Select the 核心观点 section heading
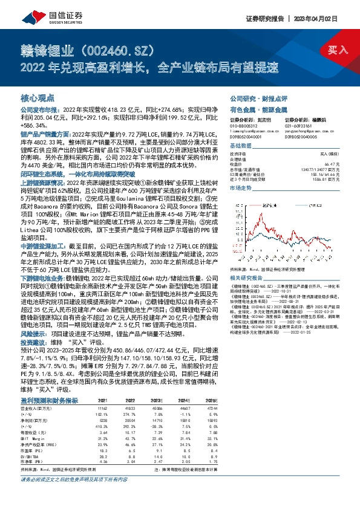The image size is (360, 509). pyautogui.click(x=38, y=97)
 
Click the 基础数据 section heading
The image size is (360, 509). pyautogui.click(x=241, y=146)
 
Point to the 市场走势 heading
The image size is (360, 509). pyautogui.click(x=241, y=189)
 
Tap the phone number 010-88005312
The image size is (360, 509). pyautogui.click(x=243, y=126)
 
